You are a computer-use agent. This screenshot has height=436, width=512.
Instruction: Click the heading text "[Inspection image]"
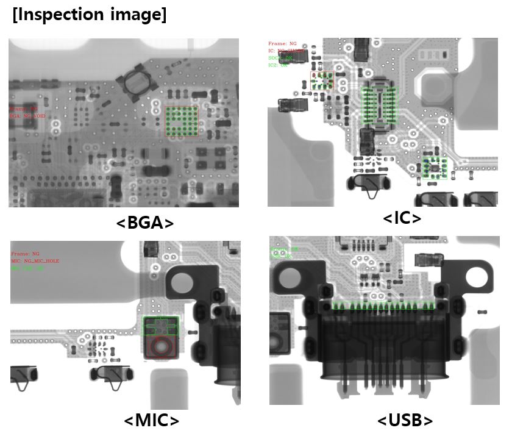tap(90, 15)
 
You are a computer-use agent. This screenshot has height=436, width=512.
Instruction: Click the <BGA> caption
tap(144, 223)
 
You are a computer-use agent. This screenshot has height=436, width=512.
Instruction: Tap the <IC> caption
tap(402, 218)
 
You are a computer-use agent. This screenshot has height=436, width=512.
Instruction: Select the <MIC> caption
tap(152, 421)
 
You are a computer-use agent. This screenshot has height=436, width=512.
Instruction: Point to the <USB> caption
tap(405, 421)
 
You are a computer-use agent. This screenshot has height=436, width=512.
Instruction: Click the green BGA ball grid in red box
tap(182, 121)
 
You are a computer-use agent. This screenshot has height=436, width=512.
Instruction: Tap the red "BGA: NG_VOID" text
tap(27, 115)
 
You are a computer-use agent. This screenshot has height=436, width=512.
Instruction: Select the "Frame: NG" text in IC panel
tap(282, 44)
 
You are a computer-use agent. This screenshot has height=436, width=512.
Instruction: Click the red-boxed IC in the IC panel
tap(322, 80)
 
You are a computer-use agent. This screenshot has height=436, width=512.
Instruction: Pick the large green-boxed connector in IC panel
tap(379, 105)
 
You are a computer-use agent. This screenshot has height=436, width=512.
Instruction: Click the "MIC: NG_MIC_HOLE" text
tap(35, 260)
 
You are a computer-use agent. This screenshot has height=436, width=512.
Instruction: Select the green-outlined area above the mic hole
tap(161, 326)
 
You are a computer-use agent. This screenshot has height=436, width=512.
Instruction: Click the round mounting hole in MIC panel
tap(180, 283)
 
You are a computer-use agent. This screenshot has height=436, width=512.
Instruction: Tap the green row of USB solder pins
tap(384, 306)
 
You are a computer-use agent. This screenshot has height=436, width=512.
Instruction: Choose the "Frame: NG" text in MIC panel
tap(25, 253)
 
